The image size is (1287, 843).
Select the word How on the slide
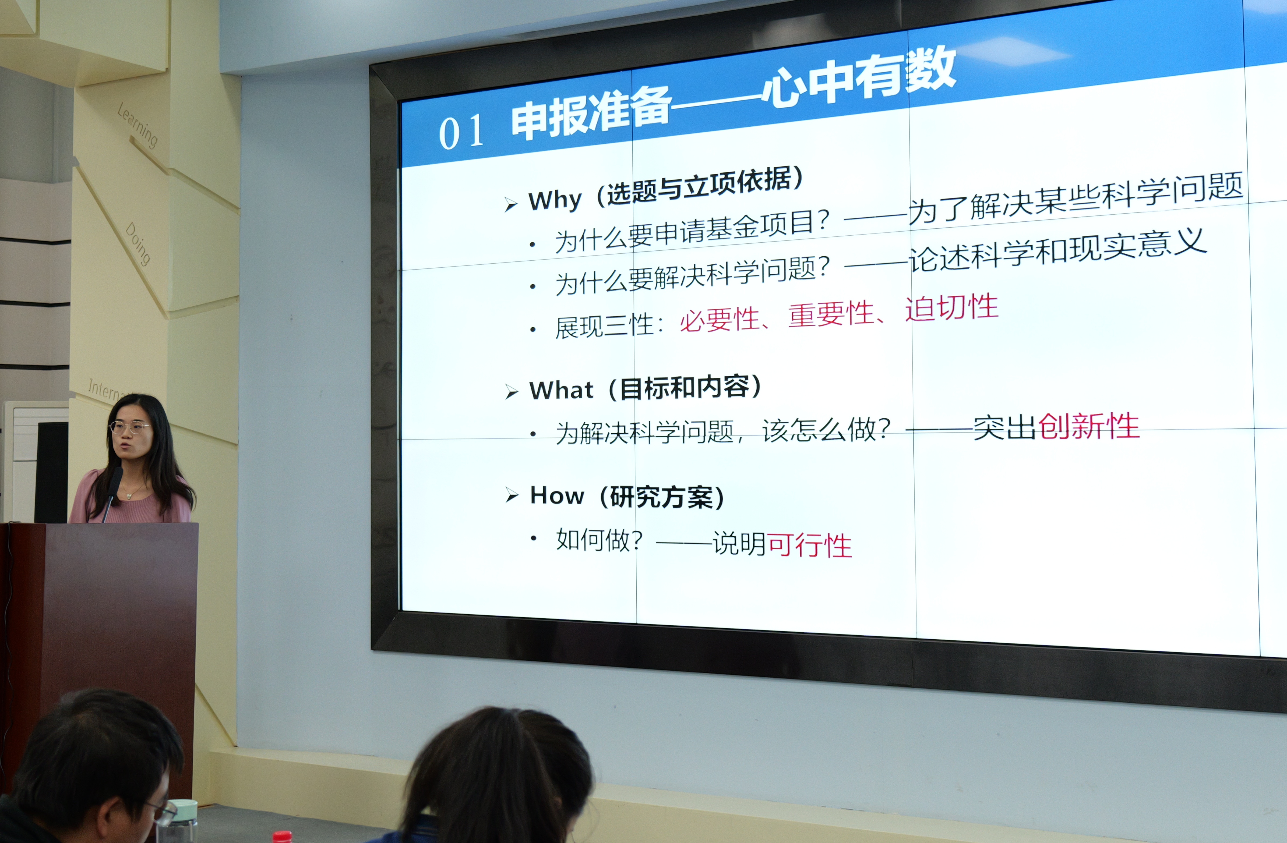[x=557, y=495]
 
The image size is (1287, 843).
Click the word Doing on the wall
[x=138, y=243]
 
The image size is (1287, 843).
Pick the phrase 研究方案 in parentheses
[x=662, y=496]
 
